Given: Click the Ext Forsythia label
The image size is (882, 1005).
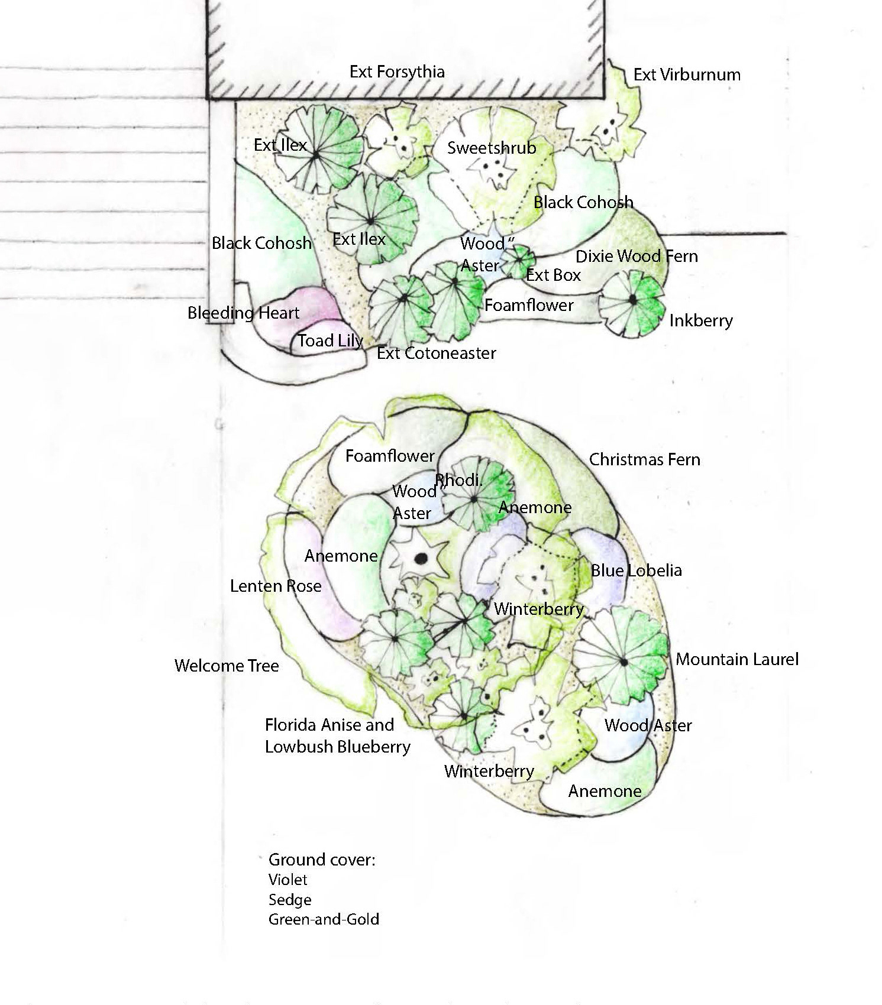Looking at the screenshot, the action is click(397, 72).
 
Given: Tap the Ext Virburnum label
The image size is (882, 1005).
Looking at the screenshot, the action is click(686, 74).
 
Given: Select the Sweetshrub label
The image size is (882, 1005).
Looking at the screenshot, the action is click(491, 147).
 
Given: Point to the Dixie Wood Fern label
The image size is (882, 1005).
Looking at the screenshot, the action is click(637, 256).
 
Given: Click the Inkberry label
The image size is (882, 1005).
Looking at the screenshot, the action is click(701, 320).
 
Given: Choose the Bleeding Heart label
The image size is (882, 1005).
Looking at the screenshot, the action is click(243, 313).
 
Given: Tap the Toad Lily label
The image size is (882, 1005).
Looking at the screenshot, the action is click(330, 341).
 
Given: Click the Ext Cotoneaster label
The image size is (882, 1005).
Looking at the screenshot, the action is click(436, 353).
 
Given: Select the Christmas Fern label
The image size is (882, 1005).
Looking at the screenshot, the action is click(644, 459).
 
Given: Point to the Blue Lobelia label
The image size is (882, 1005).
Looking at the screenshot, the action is click(636, 570).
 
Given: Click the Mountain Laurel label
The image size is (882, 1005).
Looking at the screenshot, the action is click(736, 659).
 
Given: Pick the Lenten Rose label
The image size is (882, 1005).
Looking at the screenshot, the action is click(276, 586).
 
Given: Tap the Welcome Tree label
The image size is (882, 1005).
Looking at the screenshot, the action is click(227, 666).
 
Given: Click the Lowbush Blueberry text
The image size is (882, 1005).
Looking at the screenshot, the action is click(337, 747).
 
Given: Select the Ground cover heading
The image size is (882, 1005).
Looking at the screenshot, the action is click(322, 859).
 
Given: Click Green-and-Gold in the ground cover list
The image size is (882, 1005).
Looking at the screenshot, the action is click(324, 919).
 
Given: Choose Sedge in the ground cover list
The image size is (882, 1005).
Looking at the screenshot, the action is click(290, 900).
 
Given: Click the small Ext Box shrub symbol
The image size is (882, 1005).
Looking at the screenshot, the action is click(521, 259).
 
